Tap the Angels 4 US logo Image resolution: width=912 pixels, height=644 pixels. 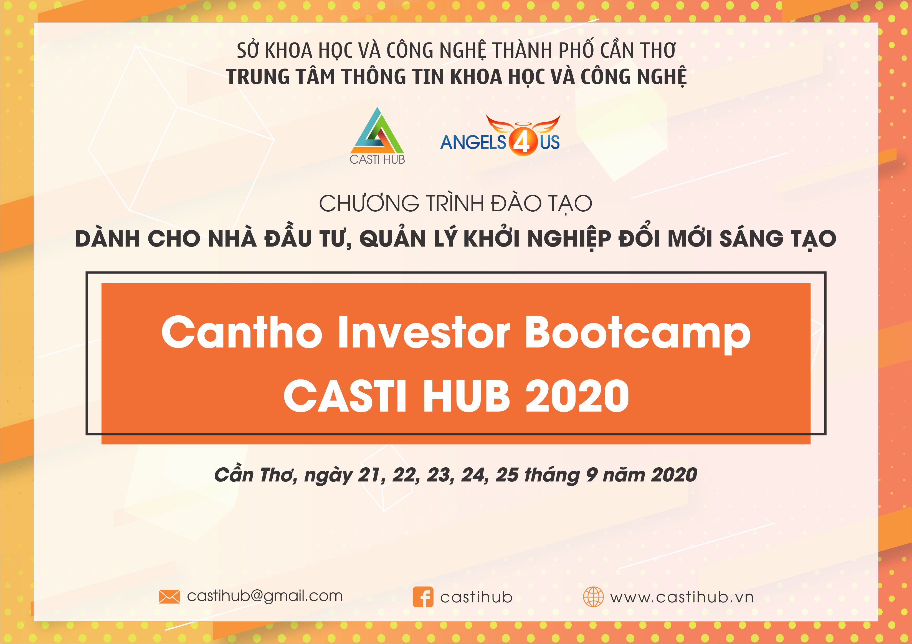pos(500,135)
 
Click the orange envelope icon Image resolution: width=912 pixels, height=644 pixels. pos(169,596)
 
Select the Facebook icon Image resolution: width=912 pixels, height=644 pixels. pos(423,597)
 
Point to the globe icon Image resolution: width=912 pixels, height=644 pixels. pos(593,597)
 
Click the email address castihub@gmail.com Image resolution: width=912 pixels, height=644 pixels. pos(265,596)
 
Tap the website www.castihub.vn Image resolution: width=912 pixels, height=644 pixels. pos(682,597)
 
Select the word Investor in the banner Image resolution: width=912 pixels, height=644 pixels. pos(424,332)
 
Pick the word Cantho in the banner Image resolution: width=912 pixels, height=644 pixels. pos(242,332)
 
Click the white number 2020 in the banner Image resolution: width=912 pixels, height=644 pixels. pos(577,396)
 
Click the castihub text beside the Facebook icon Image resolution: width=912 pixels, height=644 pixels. pos(476,597)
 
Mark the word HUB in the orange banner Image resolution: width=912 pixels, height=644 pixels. pos(467,396)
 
